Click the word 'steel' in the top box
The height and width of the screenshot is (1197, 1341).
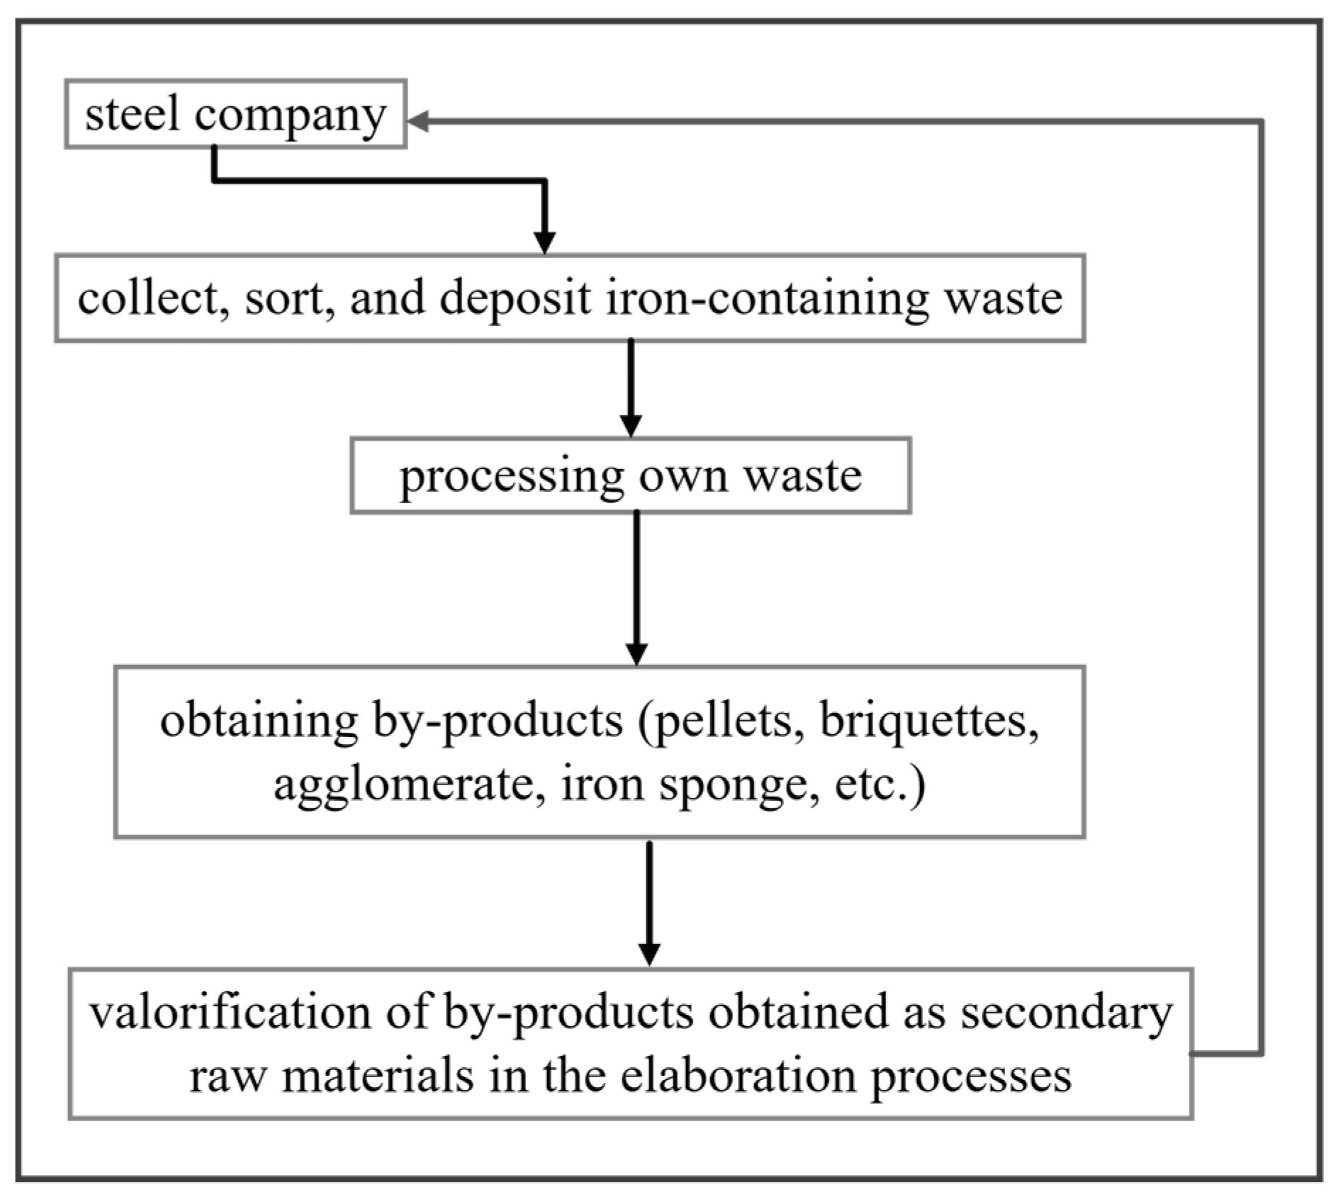[132, 114]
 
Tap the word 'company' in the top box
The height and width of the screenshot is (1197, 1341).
[290, 117]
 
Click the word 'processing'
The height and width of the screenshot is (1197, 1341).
[511, 476]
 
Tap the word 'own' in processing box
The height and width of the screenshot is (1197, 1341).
[683, 476]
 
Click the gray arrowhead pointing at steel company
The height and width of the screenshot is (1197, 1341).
[418, 121]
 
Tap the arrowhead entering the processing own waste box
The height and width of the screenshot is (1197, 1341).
[630, 425]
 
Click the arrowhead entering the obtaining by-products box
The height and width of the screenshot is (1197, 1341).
[636, 653]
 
